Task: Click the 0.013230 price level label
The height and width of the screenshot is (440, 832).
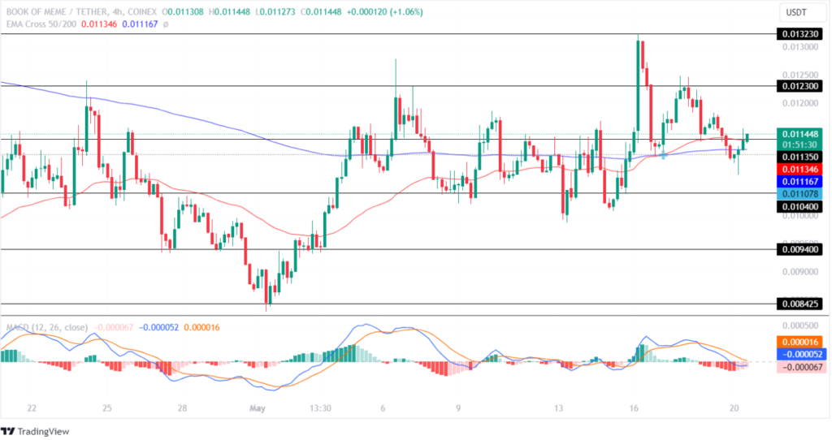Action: tap(799, 34)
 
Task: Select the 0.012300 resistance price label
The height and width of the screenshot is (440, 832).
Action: tap(799, 85)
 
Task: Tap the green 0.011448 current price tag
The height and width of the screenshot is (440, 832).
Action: tap(799, 133)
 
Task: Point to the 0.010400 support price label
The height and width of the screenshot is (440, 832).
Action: tap(799, 207)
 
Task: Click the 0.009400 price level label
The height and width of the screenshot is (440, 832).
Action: tap(799, 250)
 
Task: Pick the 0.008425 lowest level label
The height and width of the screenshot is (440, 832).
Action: tap(799, 304)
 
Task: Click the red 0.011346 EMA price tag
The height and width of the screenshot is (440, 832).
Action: tap(799, 168)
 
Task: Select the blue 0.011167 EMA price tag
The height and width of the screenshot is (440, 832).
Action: tap(799, 181)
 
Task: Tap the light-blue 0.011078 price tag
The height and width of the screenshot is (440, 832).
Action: tap(799, 194)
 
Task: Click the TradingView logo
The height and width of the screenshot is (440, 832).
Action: tap(35, 430)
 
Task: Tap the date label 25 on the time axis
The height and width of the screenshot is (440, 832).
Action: tap(107, 408)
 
